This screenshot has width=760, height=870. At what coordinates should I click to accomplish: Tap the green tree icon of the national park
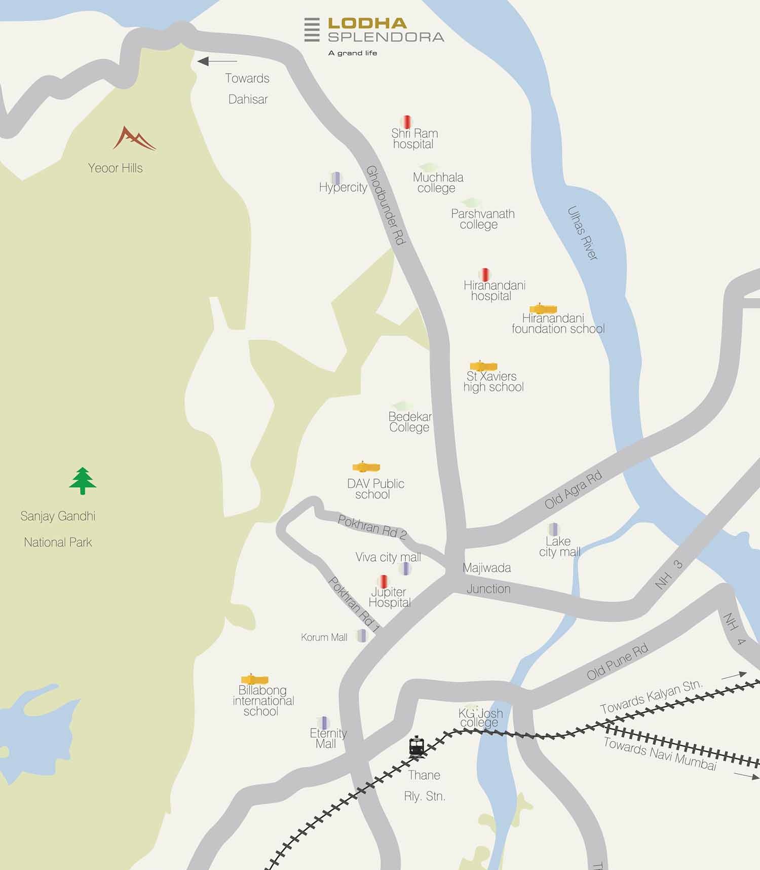(x=83, y=481)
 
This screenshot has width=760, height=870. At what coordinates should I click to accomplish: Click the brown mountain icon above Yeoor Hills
(x=134, y=138)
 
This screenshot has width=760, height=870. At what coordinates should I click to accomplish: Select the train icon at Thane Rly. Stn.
(x=416, y=747)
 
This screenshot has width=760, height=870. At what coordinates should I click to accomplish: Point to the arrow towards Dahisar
(x=217, y=61)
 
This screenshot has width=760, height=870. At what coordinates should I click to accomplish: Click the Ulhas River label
(x=583, y=233)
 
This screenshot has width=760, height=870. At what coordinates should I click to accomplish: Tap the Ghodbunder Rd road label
(x=386, y=206)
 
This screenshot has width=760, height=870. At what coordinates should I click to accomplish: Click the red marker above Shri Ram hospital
(x=406, y=122)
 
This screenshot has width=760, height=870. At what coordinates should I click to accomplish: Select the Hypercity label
(x=343, y=188)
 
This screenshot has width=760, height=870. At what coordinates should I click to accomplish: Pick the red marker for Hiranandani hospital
(x=485, y=275)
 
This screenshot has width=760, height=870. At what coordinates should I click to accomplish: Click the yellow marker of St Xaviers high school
(x=483, y=366)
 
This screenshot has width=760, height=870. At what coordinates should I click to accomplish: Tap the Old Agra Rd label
(x=573, y=490)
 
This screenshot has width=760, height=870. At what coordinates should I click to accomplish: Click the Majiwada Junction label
(x=487, y=578)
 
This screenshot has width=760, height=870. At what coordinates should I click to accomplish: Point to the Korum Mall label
(x=324, y=637)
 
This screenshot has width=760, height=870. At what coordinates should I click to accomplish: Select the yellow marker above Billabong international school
(x=254, y=679)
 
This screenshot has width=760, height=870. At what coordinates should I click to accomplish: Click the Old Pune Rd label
(x=617, y=662)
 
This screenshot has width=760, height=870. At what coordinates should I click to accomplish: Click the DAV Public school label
(x=375, y=489)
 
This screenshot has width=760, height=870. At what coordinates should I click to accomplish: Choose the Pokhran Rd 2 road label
(x=372, y=527)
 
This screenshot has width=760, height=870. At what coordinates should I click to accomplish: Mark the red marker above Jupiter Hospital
(x=383, y=582)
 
